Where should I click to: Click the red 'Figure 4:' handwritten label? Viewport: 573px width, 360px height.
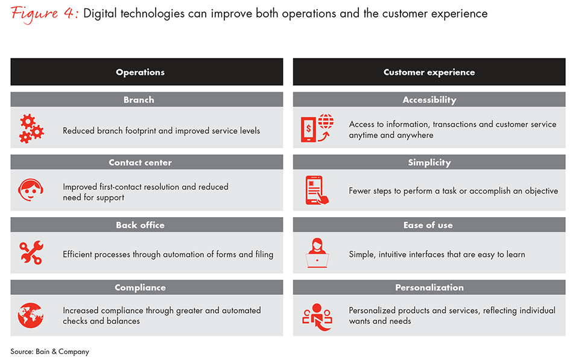pos(44,14)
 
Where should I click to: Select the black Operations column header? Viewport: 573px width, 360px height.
pos(147,72)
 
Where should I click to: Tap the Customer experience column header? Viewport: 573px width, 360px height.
pos(429,72)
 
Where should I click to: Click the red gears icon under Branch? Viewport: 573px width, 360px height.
pos(31,128)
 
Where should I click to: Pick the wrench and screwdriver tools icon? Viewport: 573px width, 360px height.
pos(31,253)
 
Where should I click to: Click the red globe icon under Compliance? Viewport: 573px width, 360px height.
pos(31,315)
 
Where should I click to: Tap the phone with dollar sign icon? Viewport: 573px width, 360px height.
pos(317,128)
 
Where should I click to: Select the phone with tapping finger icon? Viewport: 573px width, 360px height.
pos(317,190)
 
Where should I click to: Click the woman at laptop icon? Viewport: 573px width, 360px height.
pos(317,253)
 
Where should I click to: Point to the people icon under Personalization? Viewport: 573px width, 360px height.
pos(317,317)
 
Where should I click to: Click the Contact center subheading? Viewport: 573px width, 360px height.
pos(141,162)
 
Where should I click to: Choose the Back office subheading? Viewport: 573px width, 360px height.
pos(141,225)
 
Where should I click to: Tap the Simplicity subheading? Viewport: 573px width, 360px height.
pos(429,163)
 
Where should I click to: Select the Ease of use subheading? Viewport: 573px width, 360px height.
pos(428,225)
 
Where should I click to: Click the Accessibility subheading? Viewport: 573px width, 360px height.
pos(429,100)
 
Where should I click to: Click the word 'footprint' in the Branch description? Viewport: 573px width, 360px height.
pos(141,131)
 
